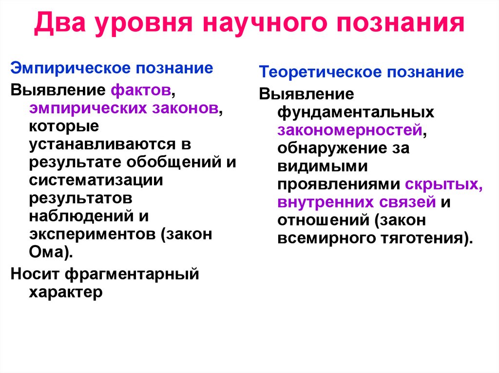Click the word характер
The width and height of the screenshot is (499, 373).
coord(66,292)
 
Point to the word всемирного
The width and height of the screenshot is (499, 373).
coord(324,238)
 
